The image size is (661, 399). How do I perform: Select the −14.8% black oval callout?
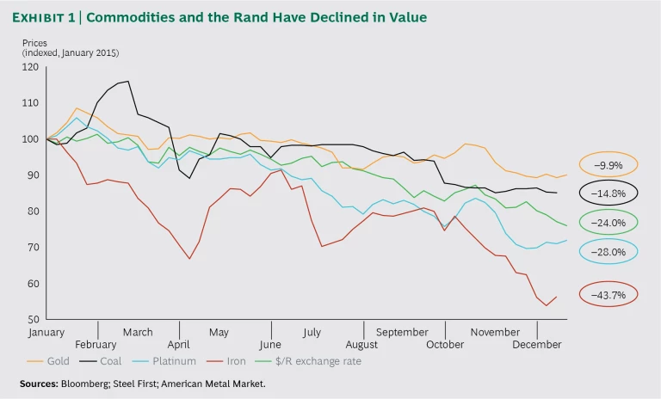[608, 193]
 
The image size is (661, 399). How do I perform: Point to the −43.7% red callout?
[608, 294]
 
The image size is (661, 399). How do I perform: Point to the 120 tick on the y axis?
[31, 67]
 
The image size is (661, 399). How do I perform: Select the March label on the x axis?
[138, 332]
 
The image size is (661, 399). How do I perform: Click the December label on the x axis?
[538, 343]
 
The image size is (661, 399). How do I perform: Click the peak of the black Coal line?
[128, 82]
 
